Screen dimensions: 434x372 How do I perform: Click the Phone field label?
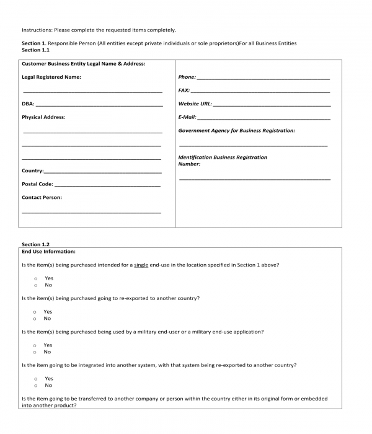click(187, 77)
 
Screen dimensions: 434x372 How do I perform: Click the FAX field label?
click(184, 91)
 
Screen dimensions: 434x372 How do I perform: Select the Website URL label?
click(195, 104)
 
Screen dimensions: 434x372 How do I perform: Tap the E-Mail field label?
click(187, 117)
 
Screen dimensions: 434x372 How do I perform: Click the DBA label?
click(28, 104)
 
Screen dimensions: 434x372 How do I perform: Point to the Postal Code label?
click(37, 184)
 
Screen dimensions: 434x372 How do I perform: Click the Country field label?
click(32, 170)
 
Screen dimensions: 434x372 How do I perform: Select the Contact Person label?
click(42, 198)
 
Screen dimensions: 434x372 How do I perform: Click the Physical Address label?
click(43, 117)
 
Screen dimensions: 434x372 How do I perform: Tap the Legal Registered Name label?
click(51, 77)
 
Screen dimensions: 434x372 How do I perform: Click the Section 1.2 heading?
click(35, 244)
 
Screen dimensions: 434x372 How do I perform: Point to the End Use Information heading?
click(48, 252)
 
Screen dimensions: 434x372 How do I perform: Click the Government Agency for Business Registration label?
click(236, 131)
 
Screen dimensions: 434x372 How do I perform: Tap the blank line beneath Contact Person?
click(92, 212)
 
